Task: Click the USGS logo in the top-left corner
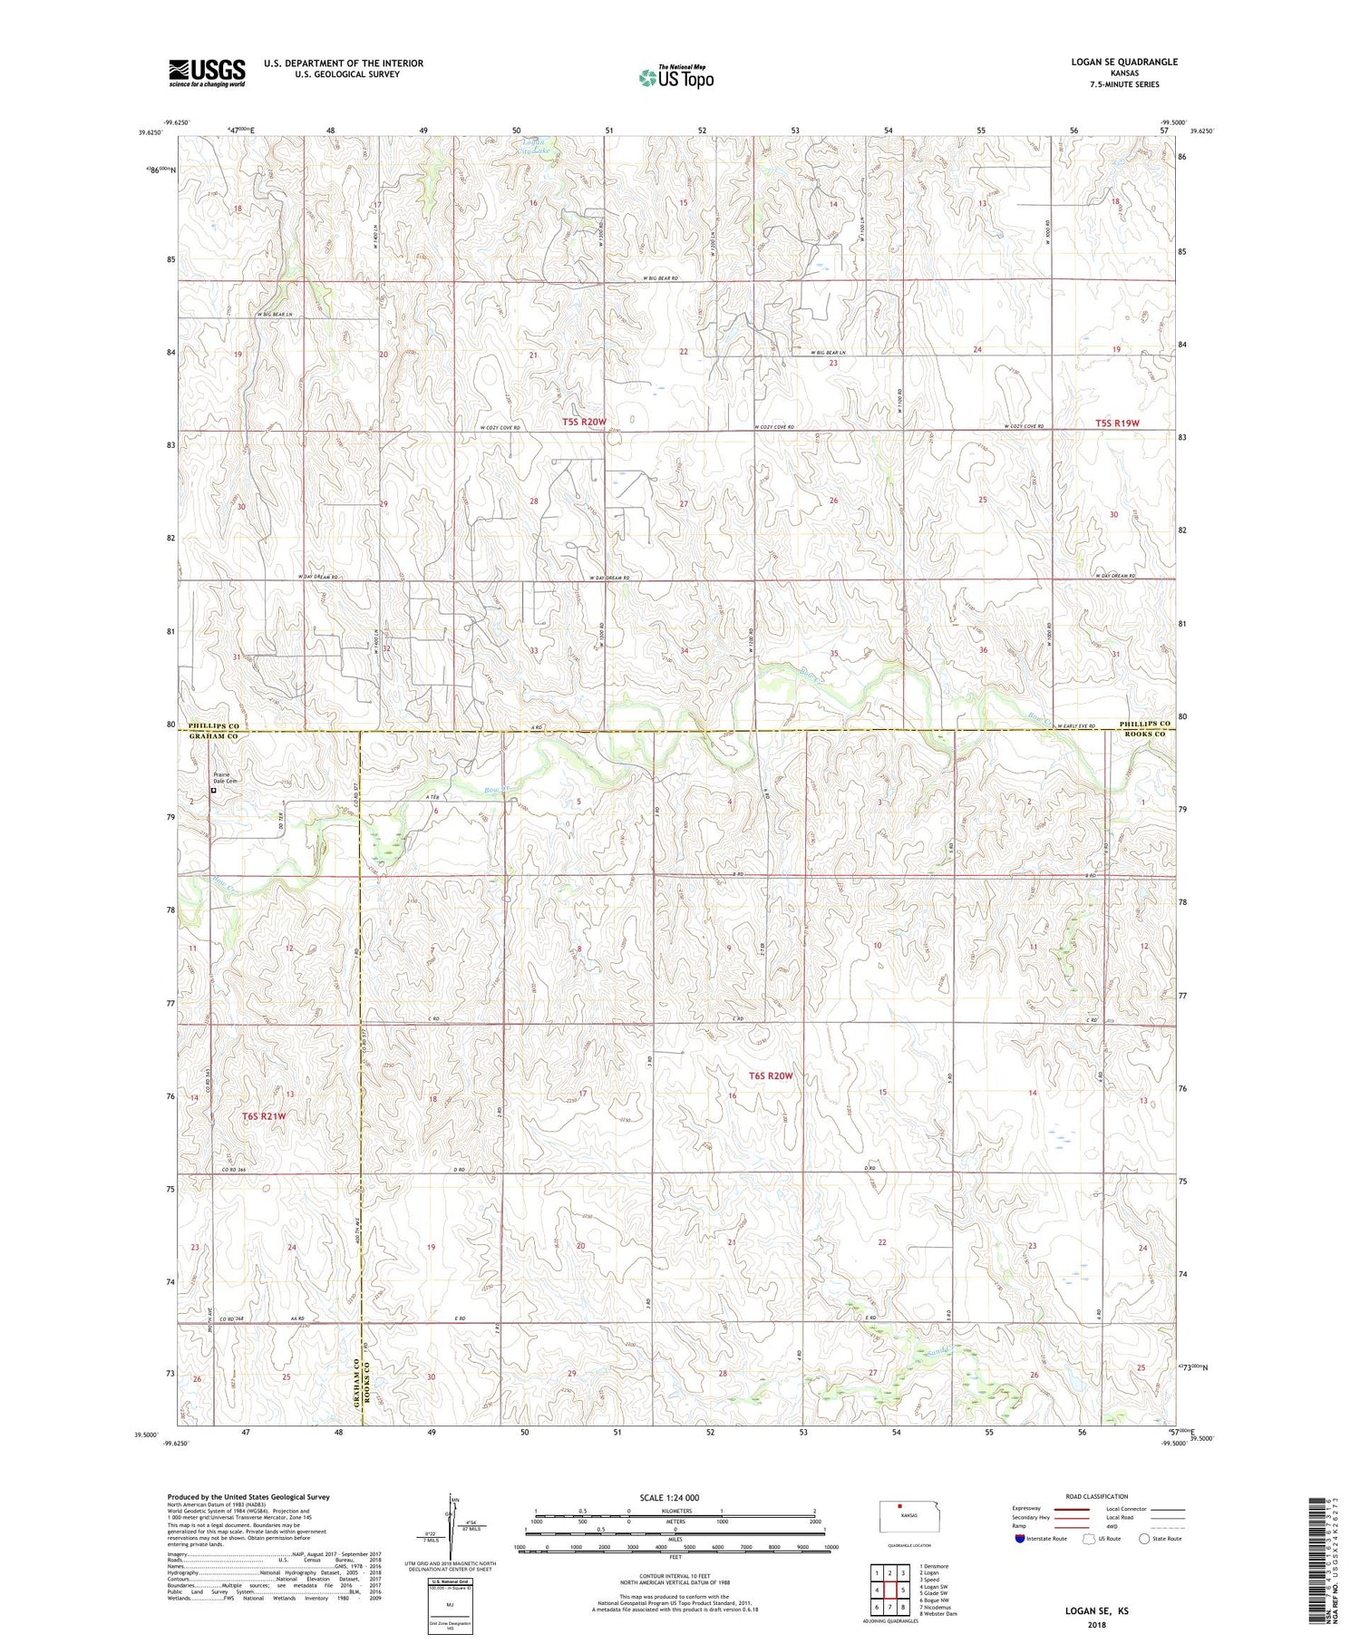coord(207,73)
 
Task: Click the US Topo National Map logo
coord(675,77)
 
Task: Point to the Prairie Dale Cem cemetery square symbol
coord(214,790)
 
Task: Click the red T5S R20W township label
coord(583,422)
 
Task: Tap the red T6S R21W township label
coord(264,1116)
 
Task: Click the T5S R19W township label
coord(1116,423)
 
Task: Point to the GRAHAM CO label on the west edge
coord(212,737)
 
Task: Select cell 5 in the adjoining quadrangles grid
coord(903,1590)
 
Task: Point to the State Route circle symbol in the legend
coord(1145,1538)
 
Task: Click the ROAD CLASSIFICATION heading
coord(1097,1496)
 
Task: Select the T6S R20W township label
coord(771,1075)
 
